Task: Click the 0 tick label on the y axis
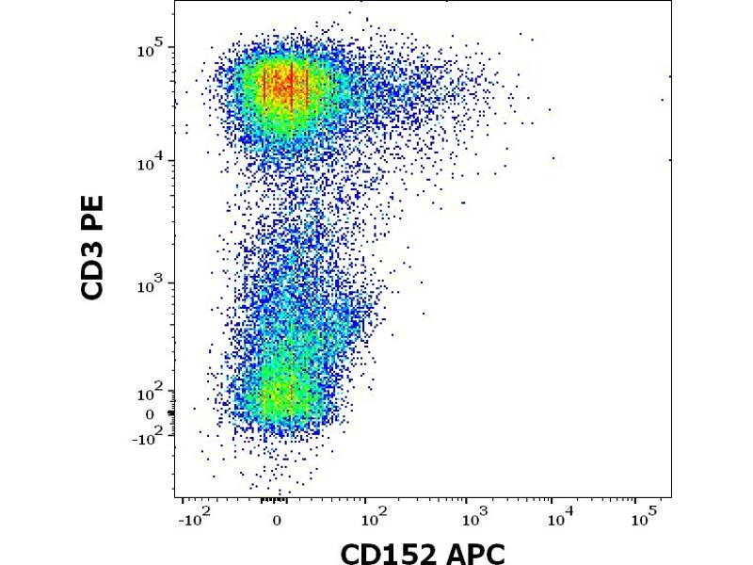click(148, 414)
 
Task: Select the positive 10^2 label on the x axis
click(375, 518)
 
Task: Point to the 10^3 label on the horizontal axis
click(473, 518)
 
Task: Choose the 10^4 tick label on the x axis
click(561, 518)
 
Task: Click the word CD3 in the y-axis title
click(93, 272)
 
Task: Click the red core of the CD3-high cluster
click(287, 85)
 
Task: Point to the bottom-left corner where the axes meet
click(175, 496)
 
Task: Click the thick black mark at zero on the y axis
click(171, 412)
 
